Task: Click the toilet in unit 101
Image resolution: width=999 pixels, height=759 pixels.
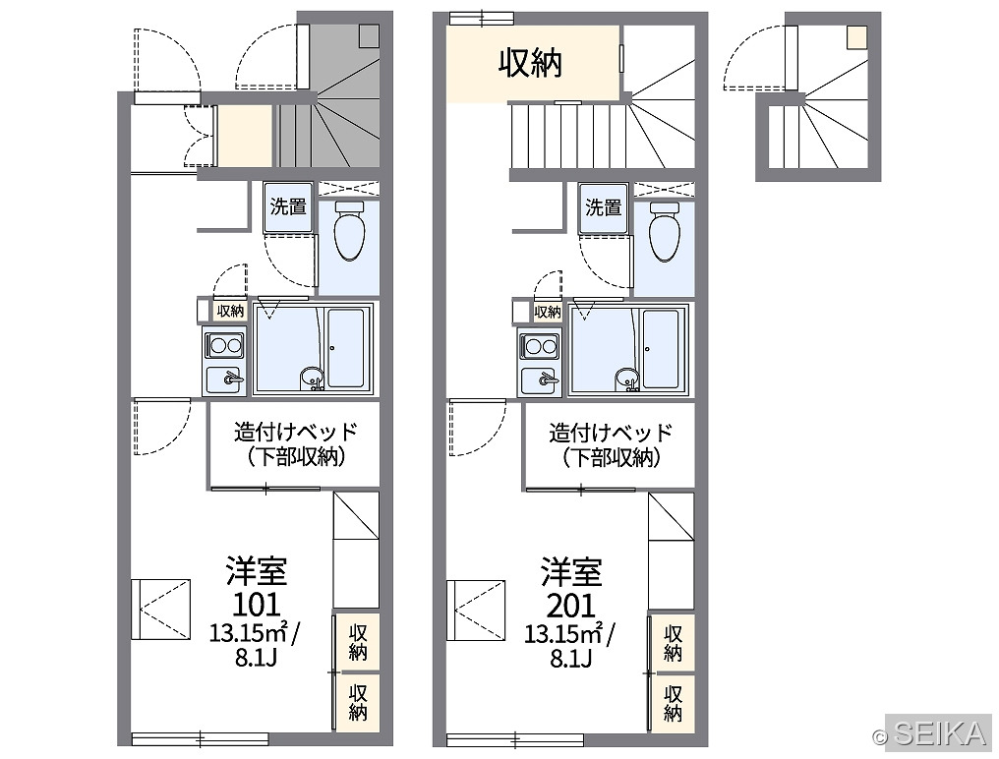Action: [x=349, y=231]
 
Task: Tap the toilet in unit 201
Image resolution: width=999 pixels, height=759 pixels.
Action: [x=665, y=231]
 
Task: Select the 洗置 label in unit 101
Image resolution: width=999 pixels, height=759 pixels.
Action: [x=288, y=206]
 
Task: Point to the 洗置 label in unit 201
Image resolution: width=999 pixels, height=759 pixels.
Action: [x=604, y=207]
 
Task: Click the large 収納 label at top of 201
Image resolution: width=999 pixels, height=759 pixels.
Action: [x=530, y=63]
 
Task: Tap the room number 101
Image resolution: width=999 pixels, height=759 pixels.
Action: [x=256, y=604]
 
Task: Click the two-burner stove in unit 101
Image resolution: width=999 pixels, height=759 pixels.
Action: [x=224, y=346]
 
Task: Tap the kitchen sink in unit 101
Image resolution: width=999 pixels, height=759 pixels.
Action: [x=224, y=379]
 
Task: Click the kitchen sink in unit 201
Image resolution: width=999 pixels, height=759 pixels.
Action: [x=540, y=379]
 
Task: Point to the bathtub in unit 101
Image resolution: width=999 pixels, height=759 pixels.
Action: [x=346, y=348]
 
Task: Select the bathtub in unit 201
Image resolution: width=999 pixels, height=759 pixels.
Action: [x=661, y=349]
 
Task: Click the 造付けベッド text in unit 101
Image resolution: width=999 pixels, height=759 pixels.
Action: [x=296, y=432]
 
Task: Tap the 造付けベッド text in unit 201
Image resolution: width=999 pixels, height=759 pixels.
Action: [x=611, y=432]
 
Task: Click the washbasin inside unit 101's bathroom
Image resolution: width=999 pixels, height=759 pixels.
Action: [x=312, y=377]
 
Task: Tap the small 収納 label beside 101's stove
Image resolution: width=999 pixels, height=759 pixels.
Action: [x=230, y=311]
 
